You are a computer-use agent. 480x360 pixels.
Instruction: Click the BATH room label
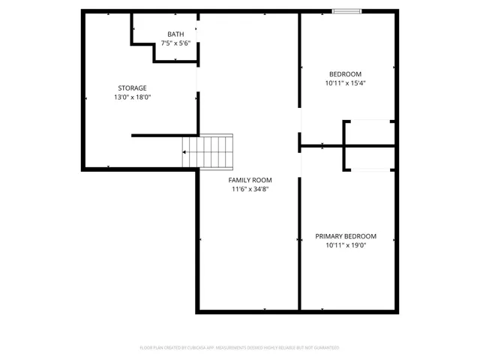[175, 34]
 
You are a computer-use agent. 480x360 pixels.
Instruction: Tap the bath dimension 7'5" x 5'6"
[175, 43]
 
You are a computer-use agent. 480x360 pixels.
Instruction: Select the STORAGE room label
[132, 88]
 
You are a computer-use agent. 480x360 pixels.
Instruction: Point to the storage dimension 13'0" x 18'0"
[132, 97]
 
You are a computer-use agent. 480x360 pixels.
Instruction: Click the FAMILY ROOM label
[250, 180]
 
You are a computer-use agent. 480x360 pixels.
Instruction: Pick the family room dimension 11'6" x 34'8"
[250, 190]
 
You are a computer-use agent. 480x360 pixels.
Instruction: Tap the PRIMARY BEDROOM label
[345, 236]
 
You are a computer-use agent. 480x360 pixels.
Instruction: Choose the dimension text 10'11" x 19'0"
[345, 246]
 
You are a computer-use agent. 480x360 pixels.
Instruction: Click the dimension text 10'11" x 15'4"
[345, 83]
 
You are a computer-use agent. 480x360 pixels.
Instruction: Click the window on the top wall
[346, 10]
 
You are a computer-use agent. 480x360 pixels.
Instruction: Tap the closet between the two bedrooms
[368, 145]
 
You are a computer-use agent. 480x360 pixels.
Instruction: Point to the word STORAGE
[132, 88]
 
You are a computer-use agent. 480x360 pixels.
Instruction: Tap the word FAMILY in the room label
[240, 180]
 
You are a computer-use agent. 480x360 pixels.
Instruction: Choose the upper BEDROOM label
[345, 73]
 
